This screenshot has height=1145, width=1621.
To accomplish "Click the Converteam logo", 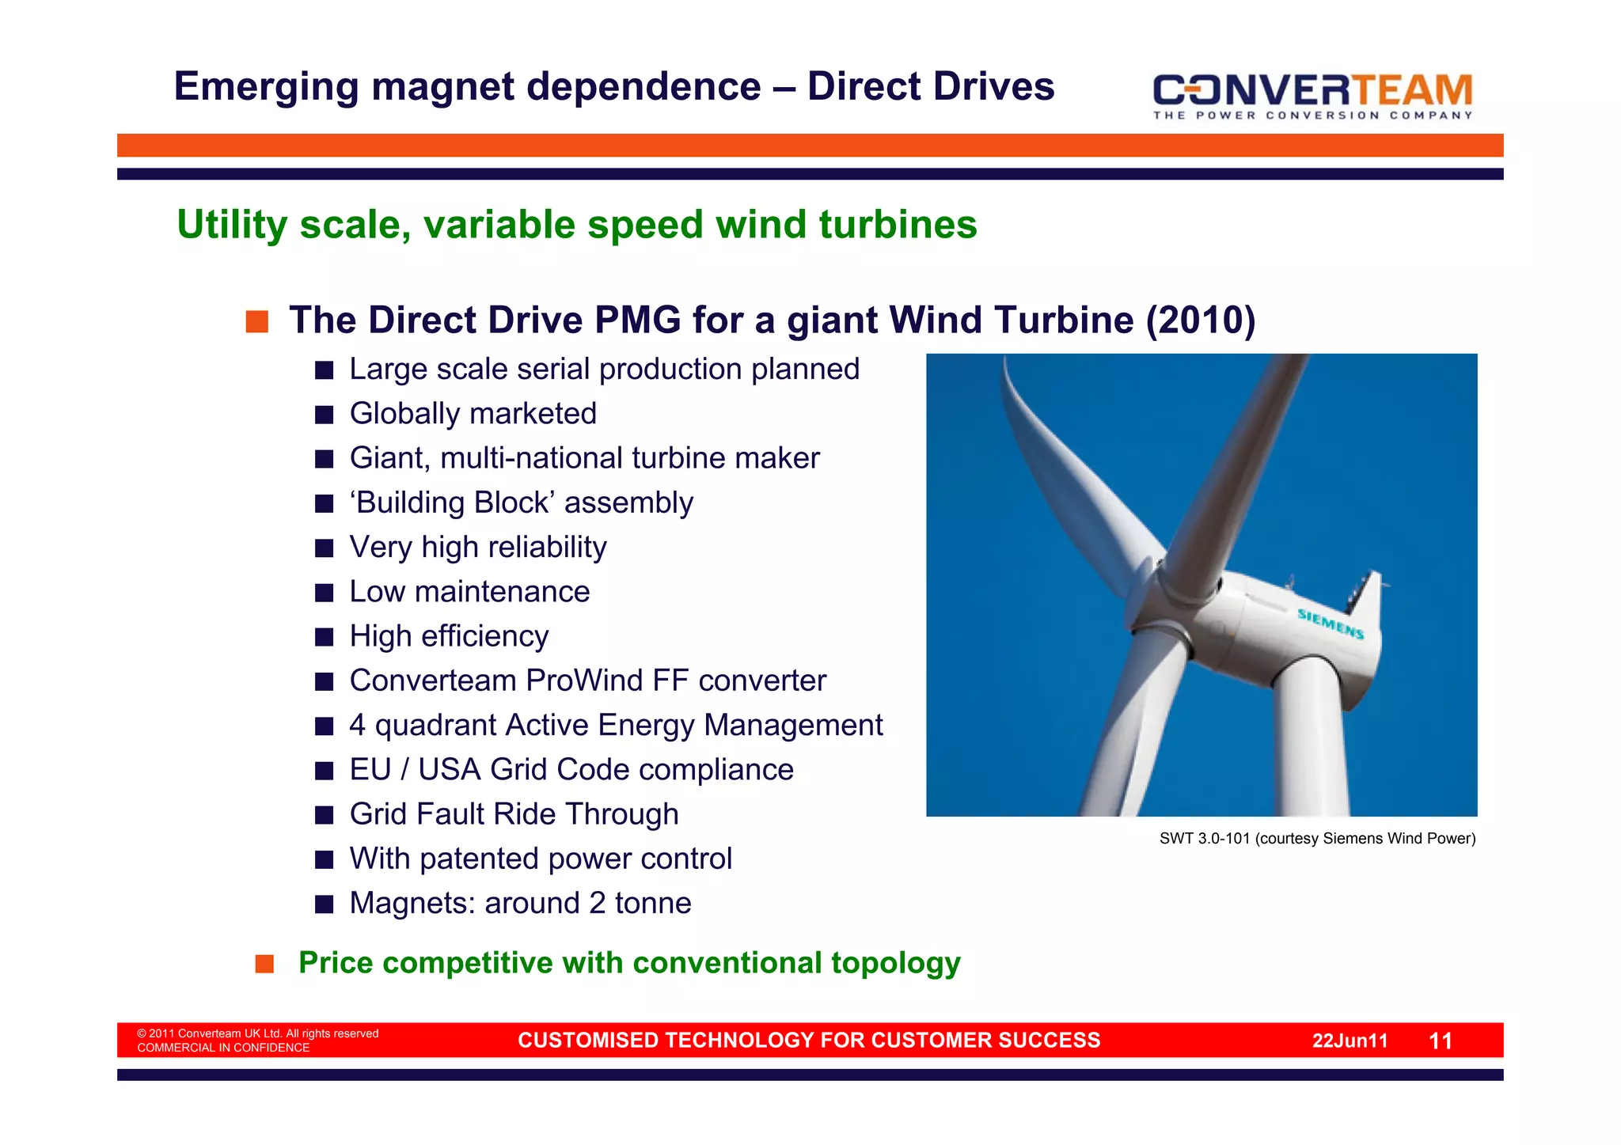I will [1312, 94].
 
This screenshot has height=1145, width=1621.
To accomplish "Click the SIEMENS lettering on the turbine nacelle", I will [1331, 624].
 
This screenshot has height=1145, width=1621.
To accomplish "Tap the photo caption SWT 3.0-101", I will [1317, 839].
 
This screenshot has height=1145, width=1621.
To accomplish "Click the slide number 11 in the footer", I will [1441, 1041].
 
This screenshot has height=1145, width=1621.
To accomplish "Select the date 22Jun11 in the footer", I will [1350, 1041].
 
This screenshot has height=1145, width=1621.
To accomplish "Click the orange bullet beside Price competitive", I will [264, 964].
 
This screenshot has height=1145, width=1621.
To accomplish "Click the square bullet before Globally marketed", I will [324, 415].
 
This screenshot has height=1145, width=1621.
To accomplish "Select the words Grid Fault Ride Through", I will [514, 814].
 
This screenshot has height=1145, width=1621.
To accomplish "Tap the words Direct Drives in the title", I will [931, 86].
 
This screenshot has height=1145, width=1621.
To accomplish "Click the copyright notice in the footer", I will [257, 1040].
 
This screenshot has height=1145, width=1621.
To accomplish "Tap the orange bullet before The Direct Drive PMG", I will [257, 322].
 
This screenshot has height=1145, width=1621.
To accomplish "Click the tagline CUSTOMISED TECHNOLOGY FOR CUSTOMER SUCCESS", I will [809, 1040].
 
